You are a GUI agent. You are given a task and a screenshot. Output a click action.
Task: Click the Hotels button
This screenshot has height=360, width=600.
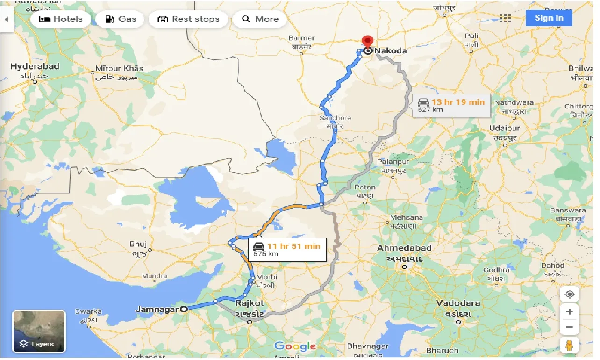click(x=60, y=19)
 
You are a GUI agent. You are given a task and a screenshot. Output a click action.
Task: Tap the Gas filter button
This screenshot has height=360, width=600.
click(x=120, y=19)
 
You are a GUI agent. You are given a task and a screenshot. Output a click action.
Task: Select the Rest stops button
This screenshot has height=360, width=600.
click(x=188, y=19)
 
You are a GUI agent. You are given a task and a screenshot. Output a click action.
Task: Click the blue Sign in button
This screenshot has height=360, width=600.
click(x=549, y=18)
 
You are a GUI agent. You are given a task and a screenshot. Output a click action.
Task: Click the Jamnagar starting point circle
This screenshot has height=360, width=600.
click(x=184, y=309)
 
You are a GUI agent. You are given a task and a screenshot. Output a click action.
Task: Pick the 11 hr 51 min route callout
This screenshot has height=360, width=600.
click(x=287, y=250)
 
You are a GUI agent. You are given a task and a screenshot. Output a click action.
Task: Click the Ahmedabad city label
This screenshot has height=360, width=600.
click(x=404, y=248)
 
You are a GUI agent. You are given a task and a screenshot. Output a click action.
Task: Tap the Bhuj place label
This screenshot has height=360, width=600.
click(x=138, y=244)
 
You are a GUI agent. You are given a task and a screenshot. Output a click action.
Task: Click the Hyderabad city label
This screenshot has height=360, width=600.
click(x=35, y=66)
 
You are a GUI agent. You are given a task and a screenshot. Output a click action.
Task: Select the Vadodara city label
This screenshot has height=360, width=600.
click(x=458, y=303)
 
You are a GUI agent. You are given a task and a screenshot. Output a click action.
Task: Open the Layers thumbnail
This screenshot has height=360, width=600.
click(x=39, y=331)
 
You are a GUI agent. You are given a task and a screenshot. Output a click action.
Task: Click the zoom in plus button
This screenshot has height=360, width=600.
click(x=569, y=311)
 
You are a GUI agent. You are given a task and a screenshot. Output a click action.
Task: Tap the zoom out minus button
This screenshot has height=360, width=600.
click(x=569, y=327)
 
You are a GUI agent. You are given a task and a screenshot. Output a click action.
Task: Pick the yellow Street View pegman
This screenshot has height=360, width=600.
click(x=569, y=346)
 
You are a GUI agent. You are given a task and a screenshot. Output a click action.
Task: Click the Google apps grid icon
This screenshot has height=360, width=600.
click(x=505, y=18)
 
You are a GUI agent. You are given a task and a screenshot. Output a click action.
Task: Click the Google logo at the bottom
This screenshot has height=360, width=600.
click(x=295, y=346)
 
